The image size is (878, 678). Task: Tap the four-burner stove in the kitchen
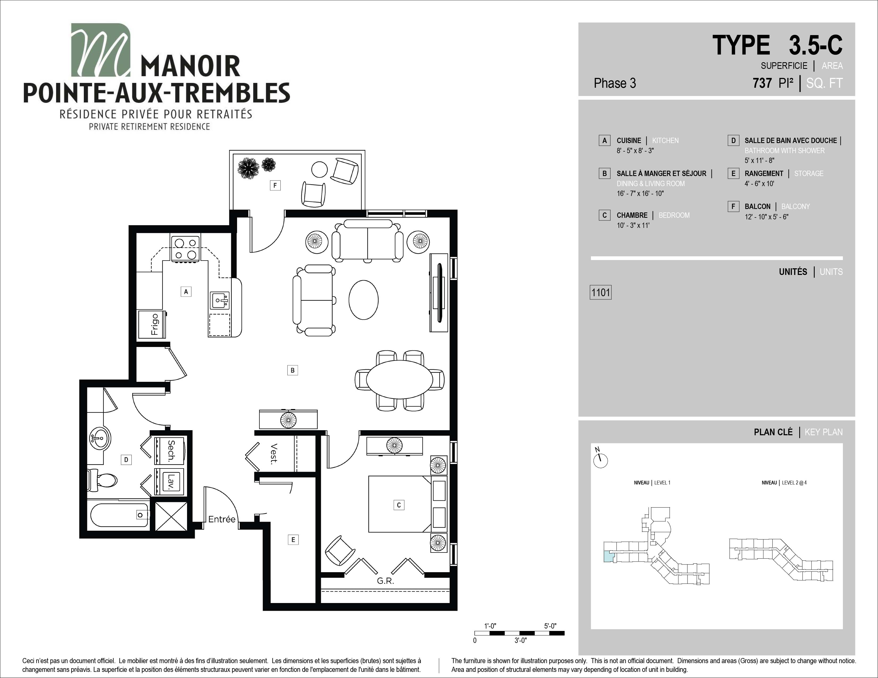click(x=186, y=249)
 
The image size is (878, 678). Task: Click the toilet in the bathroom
click(x=102, y=480)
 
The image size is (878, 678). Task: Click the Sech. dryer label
click(x=171, y=451)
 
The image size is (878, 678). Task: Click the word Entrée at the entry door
click(x=222, y=519)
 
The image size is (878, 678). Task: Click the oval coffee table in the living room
click(x=363, y=299)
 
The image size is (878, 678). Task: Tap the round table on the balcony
click(x=320, y=170)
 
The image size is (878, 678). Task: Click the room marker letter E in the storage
click(x=293, y=540)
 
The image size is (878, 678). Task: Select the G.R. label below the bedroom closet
click(x=385, y=581)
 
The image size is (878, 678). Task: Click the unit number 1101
click(x=600, y=292)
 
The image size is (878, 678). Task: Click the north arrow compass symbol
click(x=600, y=460)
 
